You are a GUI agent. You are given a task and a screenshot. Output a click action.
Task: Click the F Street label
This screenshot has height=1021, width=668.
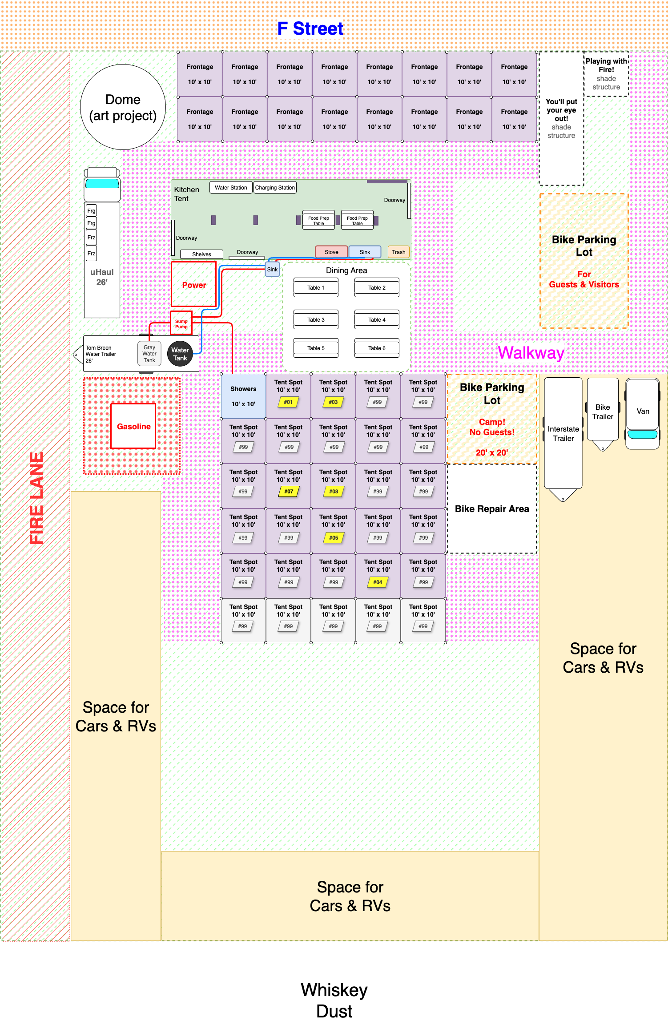coord(310,29)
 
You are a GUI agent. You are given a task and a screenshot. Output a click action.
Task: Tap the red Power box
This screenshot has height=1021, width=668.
coord(194,284)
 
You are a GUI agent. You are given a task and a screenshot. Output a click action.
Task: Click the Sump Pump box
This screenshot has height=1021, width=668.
coord(181,323)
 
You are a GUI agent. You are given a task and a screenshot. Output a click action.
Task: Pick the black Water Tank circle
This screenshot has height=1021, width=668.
coord(180,354)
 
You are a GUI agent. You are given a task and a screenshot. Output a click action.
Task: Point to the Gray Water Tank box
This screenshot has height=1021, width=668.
coord(149,354)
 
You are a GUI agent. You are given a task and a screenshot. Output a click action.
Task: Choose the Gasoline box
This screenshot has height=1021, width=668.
coord(133,426)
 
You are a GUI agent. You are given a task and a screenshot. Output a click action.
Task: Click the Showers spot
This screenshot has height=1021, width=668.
coord(243,396)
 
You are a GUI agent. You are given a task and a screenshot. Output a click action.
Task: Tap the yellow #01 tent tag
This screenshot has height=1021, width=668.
coord(288,402)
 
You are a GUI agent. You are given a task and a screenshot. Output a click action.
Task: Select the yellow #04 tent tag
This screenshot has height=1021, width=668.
coord(378,582)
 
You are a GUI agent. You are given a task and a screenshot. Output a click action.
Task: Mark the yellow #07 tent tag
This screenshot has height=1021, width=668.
coord(289,492)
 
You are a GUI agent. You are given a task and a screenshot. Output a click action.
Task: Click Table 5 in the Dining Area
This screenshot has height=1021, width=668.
coord(316,348)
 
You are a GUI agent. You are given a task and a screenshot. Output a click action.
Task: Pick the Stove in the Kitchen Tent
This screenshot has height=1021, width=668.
coord(331,252)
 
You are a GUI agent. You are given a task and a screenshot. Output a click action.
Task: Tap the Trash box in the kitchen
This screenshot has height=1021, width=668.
coord(398,252)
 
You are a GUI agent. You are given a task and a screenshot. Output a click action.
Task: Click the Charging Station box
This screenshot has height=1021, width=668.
coord(275,187)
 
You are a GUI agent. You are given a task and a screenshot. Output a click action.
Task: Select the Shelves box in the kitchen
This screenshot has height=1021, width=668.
coord(201,254)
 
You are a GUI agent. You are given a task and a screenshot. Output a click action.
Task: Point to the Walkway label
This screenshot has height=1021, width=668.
coord(531,353)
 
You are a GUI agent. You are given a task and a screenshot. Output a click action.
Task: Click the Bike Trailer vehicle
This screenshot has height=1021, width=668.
coord(603,414)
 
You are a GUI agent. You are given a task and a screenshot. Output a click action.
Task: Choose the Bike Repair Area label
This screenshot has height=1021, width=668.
coord(492,508)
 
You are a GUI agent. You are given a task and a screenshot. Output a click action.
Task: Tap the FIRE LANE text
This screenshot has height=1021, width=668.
coord(36,498)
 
